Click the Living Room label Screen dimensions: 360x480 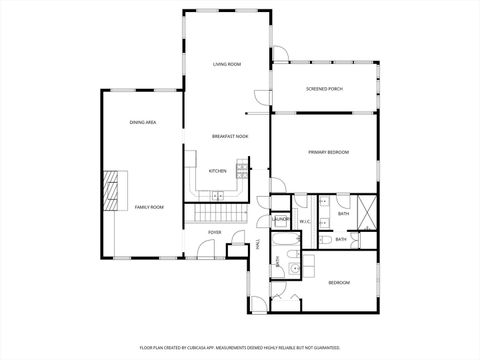[x=227, y=65]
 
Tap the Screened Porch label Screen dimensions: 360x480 [x=324, y=89]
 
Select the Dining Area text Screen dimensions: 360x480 [x=142, y=122]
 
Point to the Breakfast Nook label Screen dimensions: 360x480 [x=229, y=136]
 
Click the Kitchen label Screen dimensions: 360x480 [x=217, y=171]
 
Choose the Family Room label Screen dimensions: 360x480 [x=149, y=207]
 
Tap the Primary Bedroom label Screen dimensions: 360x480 [x=328, y=152]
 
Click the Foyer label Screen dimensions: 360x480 [x=215, y=232]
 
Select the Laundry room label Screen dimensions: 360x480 [x=281, y=219]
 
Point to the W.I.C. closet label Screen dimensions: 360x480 [x=306, y=222]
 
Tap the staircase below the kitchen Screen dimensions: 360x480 [x=219, y=214]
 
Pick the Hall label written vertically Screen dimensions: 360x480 [x=258, y=244]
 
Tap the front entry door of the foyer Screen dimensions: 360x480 [x=237, y=241]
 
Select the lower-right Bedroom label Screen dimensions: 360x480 [x=339, y=283]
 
